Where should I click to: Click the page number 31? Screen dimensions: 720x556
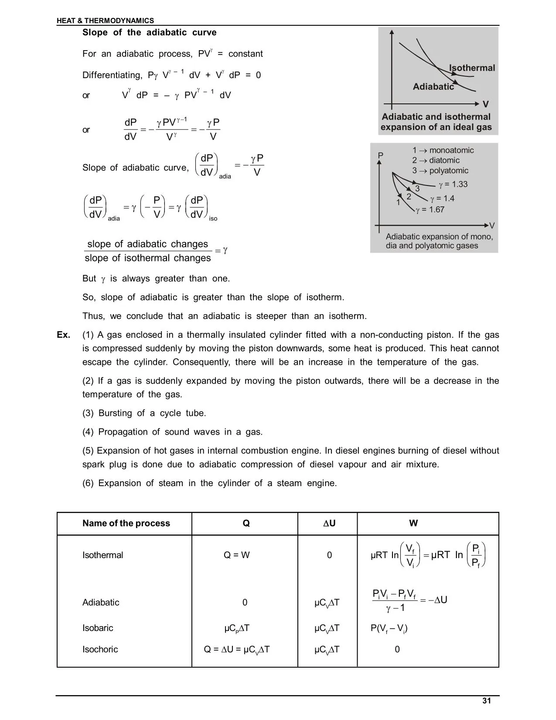[487, 701]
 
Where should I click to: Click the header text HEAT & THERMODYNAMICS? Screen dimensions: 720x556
[105, 21]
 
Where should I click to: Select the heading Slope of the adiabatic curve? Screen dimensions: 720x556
[149, 33]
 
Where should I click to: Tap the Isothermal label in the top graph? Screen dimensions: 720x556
[472, 68]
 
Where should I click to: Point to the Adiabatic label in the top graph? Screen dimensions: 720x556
[433, 87]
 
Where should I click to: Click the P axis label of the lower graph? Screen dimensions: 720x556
[380, 156]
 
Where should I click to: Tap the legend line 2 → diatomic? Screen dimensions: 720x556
[436, 161]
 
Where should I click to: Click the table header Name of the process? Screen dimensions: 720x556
[126, 523]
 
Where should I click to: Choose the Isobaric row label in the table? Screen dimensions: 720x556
[98, 628]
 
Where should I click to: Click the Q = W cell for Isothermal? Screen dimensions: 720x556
[237, 555]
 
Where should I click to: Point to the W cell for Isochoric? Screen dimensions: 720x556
[397, 649]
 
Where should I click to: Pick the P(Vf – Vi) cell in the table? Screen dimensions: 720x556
[389, 628]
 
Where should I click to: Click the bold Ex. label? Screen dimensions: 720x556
[64, 335]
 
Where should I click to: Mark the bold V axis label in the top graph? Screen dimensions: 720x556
[486, 104]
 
